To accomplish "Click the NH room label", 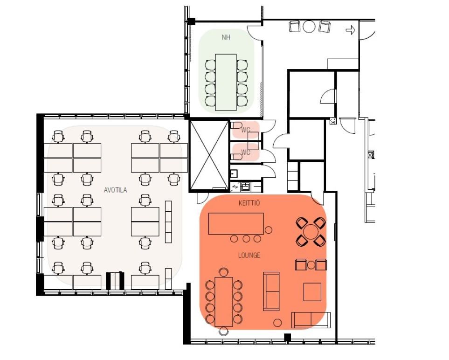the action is pyautogui.click(x=226, y=37).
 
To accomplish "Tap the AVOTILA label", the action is pyautogui.click(x=116, y=190).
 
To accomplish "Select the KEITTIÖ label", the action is pyautogui.click(x=249, y=203).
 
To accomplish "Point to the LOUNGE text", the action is pyautogui.click(x=249, y=255).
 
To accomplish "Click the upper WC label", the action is pyautogui.click(x=246, y=130).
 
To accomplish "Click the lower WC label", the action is pyautogui.click(x=246, y=152).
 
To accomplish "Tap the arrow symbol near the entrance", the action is pyautogui.click(x=351, y=30).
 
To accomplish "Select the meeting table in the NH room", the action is pyautogui.click(x=226, y=82).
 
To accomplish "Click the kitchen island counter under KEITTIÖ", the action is pyautogui.click(x=236, y=223).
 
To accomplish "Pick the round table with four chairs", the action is pyautogui.click(x=311, y=232).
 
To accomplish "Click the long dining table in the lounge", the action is pyautogui.click(x=224, y=302).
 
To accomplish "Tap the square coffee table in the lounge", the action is pyautogui.click(x=312, y=292).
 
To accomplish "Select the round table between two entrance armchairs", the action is pyautogui.click(x=309, y=27).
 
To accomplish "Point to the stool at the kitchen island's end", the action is pyautogui.click(x=269, y=230).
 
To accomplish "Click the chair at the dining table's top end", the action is pyautogui.click(x=224, y=272).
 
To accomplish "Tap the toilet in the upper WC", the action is pyautogui.click(x=237, y=125).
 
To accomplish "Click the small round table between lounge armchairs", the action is pyautogui.click(x=311, y=265).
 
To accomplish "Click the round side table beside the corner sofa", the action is pyautogui.click(x=277, y=323).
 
